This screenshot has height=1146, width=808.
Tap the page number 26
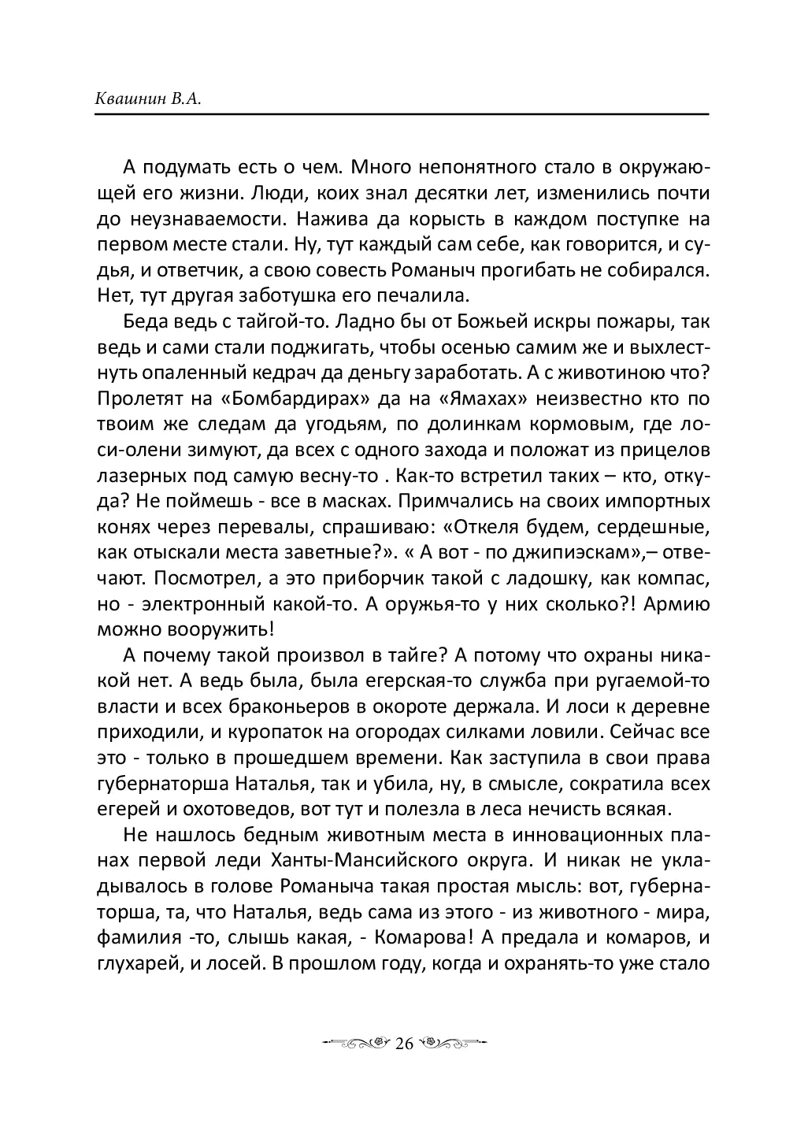pyautogui.click(x=404, y=1044)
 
